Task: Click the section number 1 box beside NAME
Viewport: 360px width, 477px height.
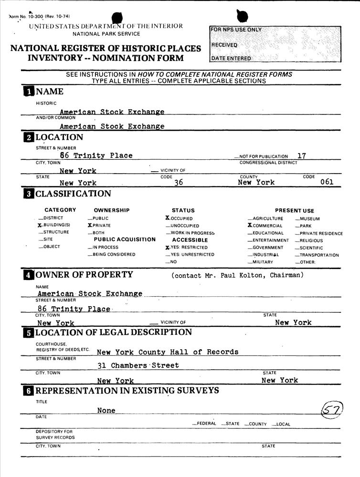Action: click(x=29, y=92)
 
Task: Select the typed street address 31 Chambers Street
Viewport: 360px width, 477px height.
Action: click(x=138, y=365)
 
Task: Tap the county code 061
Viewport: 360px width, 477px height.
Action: click(x=327, y=182)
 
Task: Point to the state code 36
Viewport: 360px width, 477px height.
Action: click(x=179, y=183)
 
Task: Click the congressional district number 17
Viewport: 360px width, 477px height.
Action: click(x=302, y=156)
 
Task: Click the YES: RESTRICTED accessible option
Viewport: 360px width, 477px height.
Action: click(x=187, y=248)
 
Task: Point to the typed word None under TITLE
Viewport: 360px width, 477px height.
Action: click(x=106, y=410)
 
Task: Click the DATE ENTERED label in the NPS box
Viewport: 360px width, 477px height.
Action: click(x=231, y=59)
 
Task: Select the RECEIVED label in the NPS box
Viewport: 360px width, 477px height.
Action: click(x=224, y=45)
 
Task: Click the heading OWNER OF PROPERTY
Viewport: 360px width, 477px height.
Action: click(x=84, y=275)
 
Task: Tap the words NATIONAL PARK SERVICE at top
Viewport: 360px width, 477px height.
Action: click(x=106, y=34)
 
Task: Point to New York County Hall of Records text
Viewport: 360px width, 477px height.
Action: click(x=167, y=352)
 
